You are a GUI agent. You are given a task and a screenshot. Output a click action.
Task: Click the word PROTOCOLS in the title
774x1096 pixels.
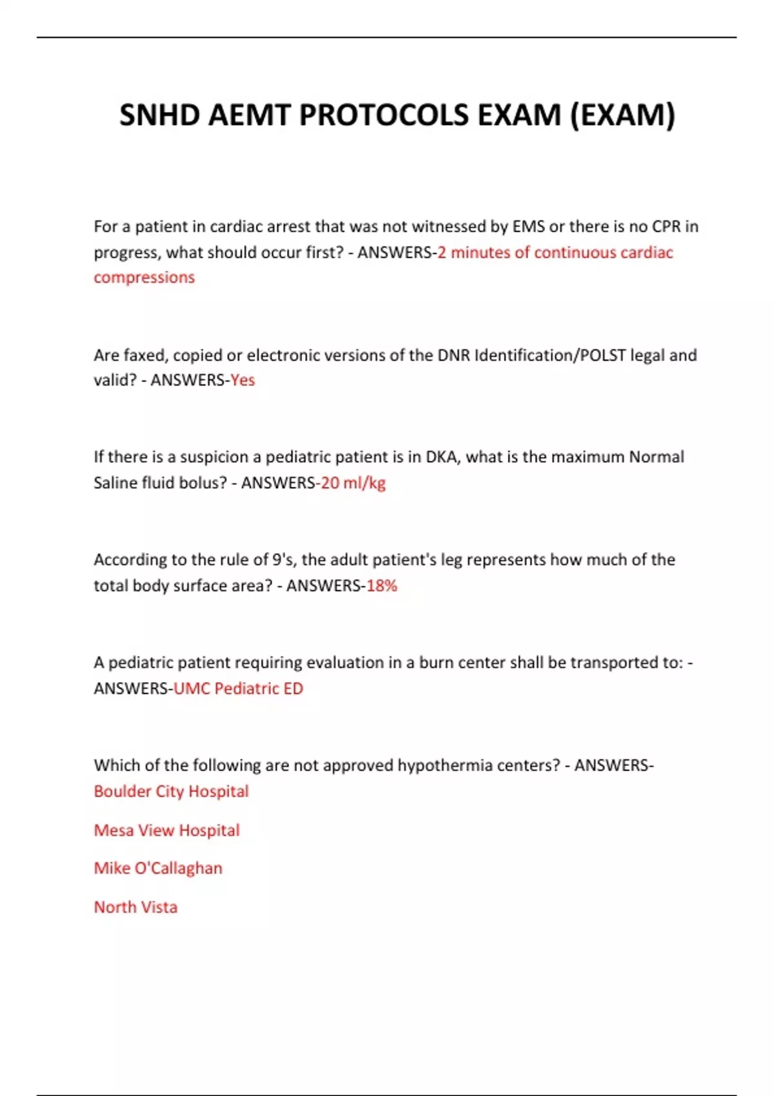click(x=384, y=115)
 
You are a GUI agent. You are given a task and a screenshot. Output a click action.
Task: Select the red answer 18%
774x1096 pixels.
click(x=382, y=585)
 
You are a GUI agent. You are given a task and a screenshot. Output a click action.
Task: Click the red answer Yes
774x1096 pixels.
click(x=243, y=380)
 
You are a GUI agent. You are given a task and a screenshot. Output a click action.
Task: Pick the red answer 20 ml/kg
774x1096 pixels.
click(x=353, y=483)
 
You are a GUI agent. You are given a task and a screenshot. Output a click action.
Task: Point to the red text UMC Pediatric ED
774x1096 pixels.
click(x=238, y=689)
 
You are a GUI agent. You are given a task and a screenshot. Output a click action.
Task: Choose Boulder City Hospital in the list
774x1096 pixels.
click(x=171, y=791)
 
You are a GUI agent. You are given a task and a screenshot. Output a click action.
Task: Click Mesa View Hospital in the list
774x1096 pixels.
click(x=166, y=830)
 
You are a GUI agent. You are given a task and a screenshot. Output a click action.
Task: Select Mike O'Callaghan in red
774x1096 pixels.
click(x=158, y=868)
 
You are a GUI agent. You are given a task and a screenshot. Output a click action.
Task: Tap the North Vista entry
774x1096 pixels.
click(x=135, y=907)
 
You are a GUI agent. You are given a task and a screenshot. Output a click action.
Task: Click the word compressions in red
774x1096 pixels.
click(x=144, y=277)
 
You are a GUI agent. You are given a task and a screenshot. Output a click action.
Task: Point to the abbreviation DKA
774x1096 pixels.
click(x=441, y=457)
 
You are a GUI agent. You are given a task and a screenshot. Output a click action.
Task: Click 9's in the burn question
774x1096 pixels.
click(x=283, y=560)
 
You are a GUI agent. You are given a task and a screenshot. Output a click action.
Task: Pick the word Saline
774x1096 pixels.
click(x=114, y=483)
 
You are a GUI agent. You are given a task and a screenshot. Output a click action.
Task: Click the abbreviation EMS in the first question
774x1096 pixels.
click(x=528, y=226)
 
